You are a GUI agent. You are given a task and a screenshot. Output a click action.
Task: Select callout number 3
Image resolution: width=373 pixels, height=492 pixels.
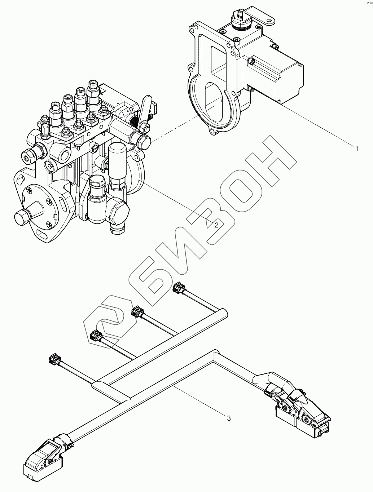(229, 418)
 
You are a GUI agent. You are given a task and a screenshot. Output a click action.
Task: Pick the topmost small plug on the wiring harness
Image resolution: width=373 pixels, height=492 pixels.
(178, 288)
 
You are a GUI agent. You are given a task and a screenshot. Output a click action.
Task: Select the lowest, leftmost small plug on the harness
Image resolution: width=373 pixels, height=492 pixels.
(53, 359)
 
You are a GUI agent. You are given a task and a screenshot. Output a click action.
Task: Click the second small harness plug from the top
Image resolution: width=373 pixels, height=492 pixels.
(137, 310)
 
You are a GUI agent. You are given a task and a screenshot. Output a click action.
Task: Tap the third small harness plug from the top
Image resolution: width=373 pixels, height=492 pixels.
(95, 336)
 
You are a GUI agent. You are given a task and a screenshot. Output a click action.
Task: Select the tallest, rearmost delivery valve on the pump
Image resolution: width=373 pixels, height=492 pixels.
(93, 90)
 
